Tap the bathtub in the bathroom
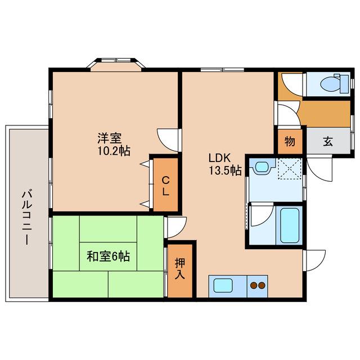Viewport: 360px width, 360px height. tap(290, 225)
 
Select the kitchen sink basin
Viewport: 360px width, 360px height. tap(223, 285)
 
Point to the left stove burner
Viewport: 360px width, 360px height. tap(254, 285)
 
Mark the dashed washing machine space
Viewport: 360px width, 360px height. tap(289, 168)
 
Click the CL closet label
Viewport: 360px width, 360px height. tap(165, 186)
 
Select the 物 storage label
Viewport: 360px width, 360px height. tap(290, 141)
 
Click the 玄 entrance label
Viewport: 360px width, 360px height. tap(328, 141)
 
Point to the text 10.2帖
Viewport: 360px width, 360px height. tap(114, 151)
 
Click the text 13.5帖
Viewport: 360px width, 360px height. tap(225, 170)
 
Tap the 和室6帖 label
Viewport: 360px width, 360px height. tap(108, 256)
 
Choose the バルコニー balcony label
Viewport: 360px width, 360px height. tap(26, 217)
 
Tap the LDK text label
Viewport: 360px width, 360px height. tap(219, 158)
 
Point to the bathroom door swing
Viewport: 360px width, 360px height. tap(262, 214)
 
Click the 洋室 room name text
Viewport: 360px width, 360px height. tap(110, 138)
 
